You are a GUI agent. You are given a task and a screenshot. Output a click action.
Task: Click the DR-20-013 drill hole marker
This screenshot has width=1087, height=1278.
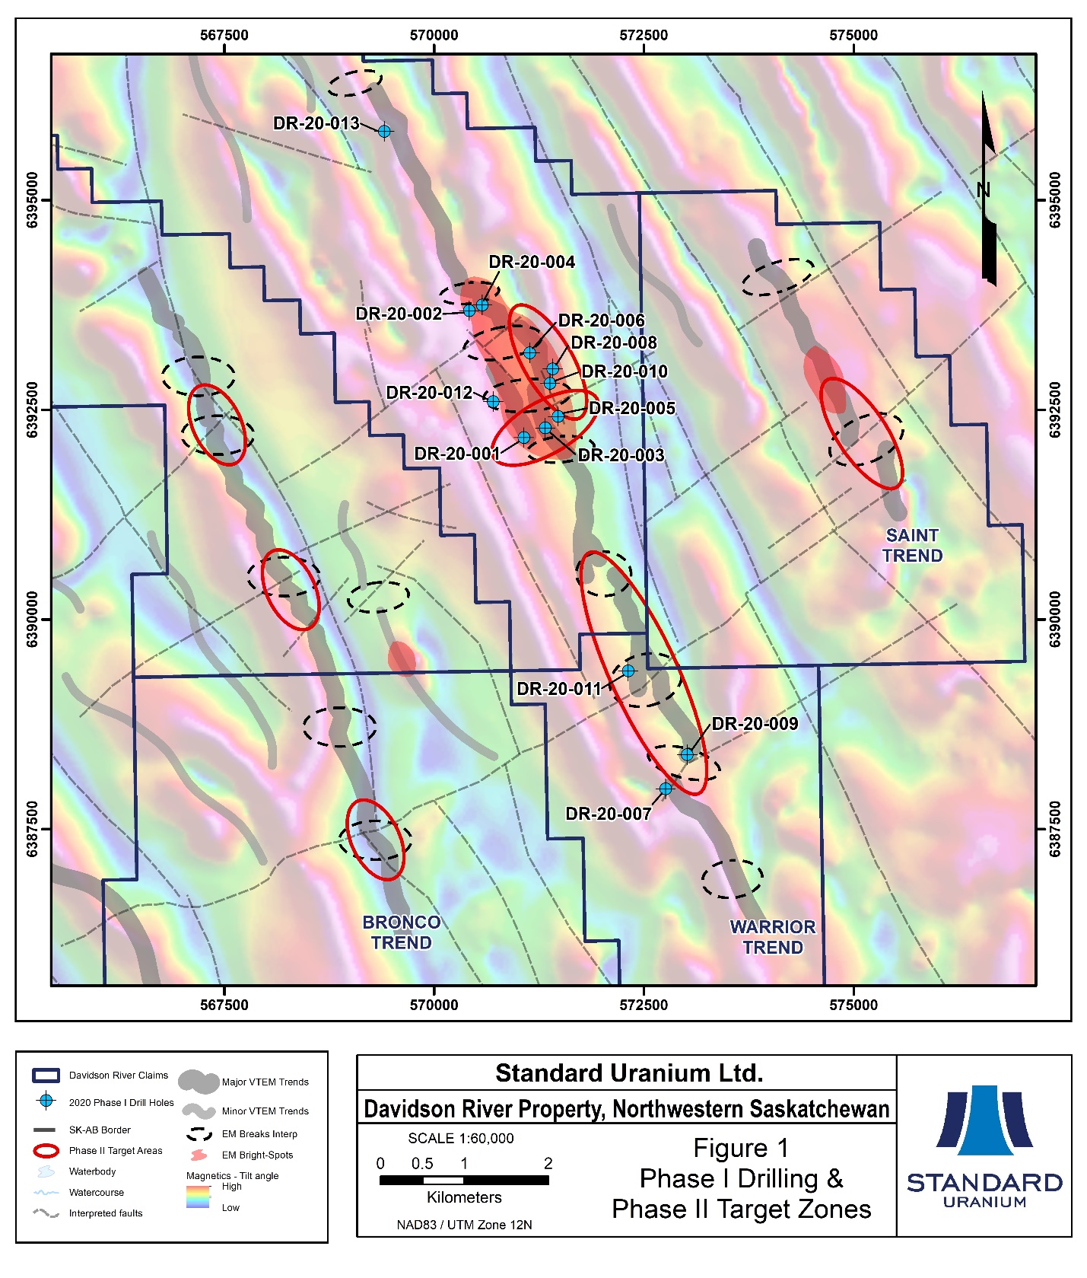click(385, 132)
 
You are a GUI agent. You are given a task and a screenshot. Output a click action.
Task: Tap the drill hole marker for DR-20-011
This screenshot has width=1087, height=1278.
click(628, 671)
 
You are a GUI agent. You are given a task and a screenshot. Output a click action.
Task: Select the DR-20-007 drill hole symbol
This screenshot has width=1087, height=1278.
click(666, 789)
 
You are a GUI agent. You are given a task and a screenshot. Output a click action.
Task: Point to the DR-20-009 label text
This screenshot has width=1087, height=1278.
click(755, 724)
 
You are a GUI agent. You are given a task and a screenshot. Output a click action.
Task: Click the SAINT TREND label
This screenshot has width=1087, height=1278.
click(912, 546)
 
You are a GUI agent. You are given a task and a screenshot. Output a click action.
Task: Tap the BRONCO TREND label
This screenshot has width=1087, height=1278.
click(401, 932)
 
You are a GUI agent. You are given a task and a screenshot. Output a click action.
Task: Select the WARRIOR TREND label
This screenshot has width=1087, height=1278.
click(773, 937)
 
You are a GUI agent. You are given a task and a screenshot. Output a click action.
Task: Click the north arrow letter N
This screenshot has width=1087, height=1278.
click(983, 190)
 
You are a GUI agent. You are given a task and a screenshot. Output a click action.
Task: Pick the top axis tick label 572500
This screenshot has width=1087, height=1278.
click(644, 35)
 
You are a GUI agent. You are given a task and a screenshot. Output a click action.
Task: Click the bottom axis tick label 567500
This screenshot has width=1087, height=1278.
click(224, 1005)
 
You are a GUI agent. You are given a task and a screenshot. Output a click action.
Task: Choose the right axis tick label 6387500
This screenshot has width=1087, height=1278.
click(1055, 829)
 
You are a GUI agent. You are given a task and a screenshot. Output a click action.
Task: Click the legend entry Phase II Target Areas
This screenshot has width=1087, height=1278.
click(116, 1151)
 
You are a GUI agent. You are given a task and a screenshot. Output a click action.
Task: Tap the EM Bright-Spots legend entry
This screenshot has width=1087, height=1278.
click(257, 1155)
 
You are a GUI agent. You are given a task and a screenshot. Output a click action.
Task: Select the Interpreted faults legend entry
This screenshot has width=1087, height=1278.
click(106, 1213)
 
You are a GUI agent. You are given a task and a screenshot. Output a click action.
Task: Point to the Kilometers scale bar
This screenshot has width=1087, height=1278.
click(464, 1181)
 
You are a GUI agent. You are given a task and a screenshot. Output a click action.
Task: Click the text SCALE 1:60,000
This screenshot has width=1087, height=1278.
click(461, 1139)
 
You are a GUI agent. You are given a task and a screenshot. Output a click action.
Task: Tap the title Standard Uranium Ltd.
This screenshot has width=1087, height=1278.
click(628, 1073)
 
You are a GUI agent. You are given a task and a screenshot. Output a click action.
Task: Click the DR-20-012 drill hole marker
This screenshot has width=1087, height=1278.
click(493, 402)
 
